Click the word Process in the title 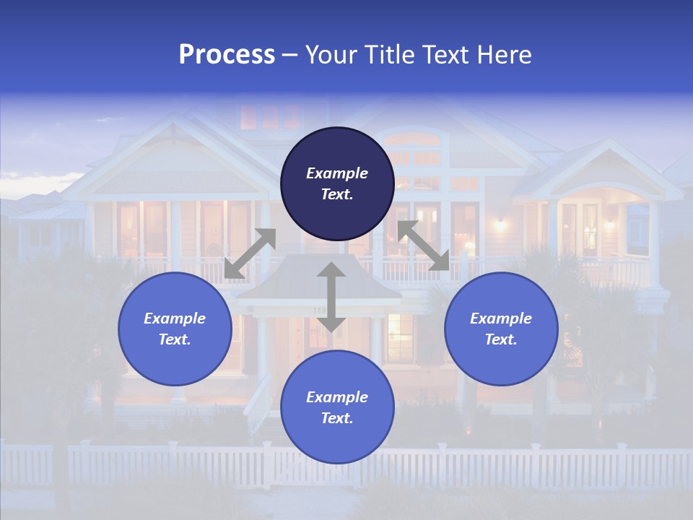227,55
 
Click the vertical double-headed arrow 331,297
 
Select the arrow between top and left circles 250,253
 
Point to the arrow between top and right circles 424,246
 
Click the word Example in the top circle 337,173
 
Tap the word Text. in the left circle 175,339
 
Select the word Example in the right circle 501,318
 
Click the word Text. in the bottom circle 337,418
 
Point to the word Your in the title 330,55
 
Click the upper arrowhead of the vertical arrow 331,271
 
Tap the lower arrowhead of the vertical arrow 331,324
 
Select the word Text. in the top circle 337,194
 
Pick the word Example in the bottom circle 337,397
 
